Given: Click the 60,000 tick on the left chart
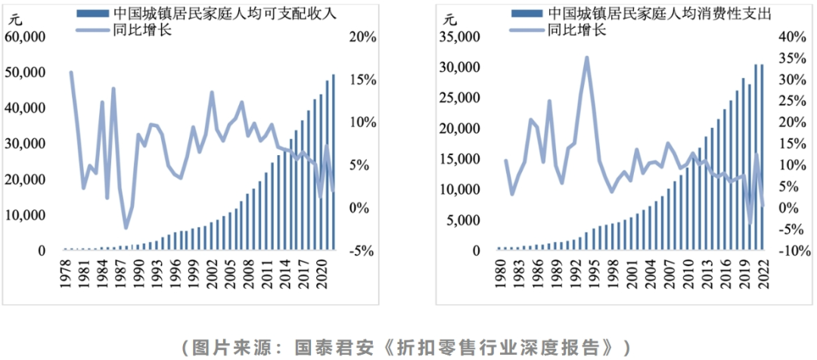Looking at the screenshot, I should (26, 36).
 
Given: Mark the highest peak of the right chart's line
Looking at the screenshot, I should (586, 57).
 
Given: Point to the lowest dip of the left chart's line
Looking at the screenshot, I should (126, 227).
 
